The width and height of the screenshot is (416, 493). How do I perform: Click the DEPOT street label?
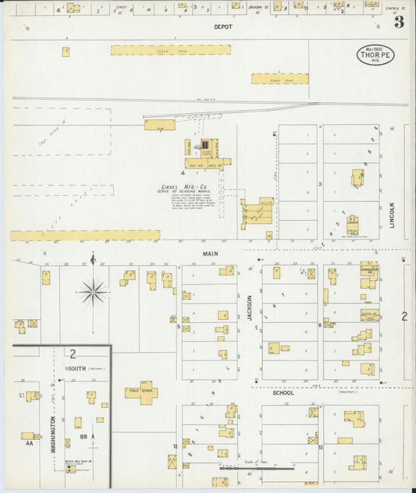224,27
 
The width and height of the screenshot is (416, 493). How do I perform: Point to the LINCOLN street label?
391,215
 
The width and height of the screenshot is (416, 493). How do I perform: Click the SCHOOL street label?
283,392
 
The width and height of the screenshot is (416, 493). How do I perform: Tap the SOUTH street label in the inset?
76,367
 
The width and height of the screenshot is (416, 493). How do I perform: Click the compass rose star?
93,292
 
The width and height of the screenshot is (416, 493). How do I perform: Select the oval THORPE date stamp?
375,54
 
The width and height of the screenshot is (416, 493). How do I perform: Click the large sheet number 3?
399,22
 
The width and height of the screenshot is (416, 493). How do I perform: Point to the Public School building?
140,392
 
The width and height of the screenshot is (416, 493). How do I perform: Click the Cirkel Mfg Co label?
183,187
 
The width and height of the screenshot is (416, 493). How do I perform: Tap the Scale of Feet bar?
257,468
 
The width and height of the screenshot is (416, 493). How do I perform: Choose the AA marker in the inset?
30,442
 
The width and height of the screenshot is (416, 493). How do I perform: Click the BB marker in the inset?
84,438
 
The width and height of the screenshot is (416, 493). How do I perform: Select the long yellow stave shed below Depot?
170,49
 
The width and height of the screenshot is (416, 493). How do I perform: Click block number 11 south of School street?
321,448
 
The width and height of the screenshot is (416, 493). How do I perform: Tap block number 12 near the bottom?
176,446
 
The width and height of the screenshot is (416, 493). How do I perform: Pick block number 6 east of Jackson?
320,325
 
